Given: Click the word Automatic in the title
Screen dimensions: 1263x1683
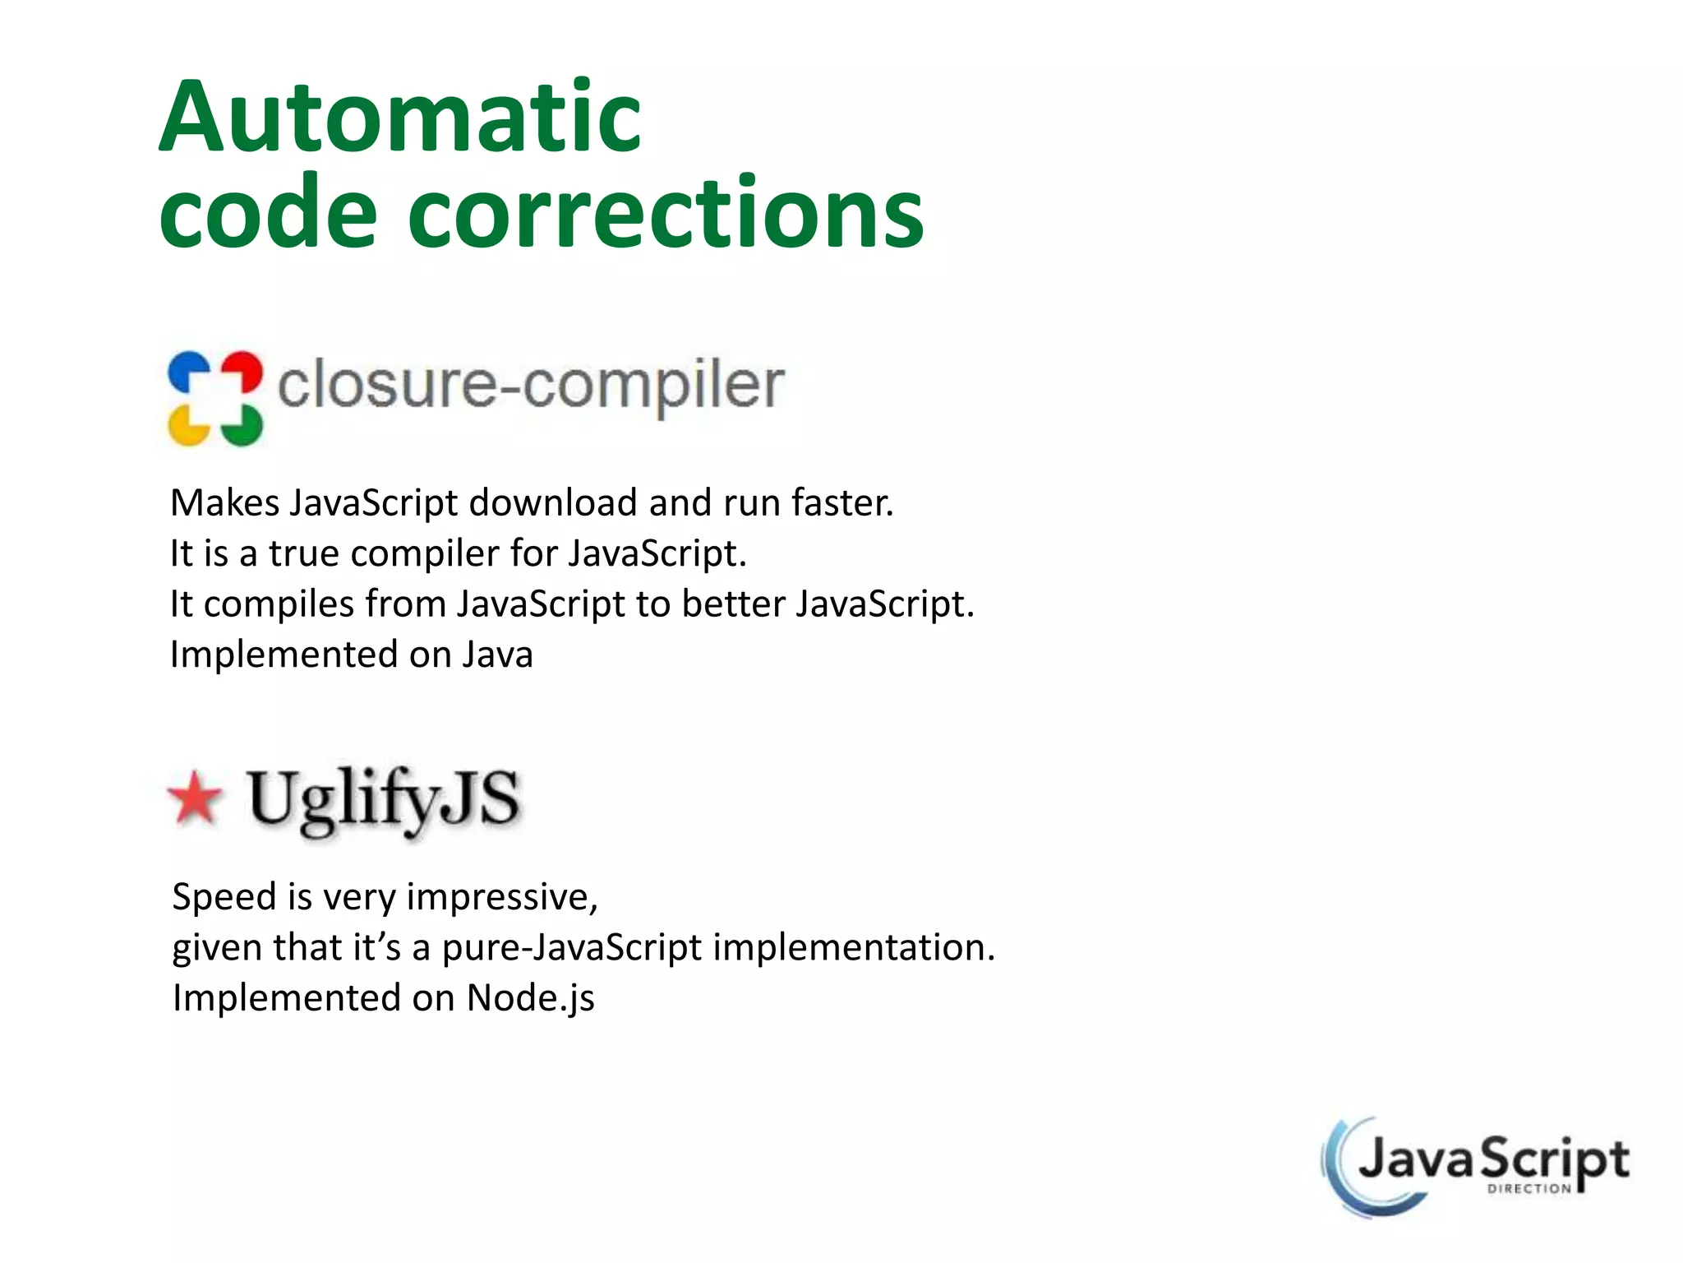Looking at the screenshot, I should [x=399, y=117].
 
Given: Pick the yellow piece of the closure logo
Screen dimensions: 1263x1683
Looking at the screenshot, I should [x=188, y=426].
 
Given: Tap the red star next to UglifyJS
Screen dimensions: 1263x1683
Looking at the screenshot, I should [x=196, y=797].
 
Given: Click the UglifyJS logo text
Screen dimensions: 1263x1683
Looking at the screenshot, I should [x=384, y=799].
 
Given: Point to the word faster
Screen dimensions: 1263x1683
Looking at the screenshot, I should [x=841, y=502].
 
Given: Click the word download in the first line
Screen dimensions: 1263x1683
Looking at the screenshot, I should [x=552, y=502].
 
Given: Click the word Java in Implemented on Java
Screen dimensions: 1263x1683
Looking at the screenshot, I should [x=497, y=655].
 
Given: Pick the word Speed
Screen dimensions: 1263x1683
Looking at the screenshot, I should [x=224, y=897].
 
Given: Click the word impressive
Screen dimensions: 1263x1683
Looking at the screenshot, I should [x=501, y=897].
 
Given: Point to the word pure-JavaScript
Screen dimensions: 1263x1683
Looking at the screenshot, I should [x=572, y=947].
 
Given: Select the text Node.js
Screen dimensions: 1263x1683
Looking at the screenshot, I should [x=530, y=998].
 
